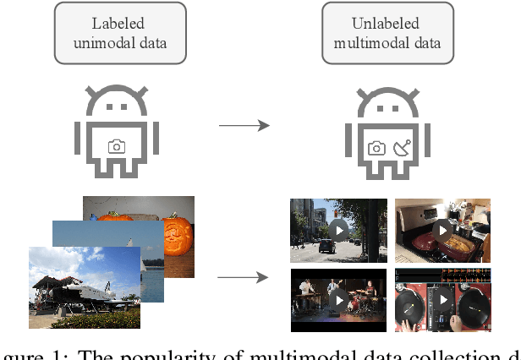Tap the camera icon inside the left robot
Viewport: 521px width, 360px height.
pyautogui.click(x=118, y=146)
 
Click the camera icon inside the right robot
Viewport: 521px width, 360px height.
pyautogui.click(x=376, y=148)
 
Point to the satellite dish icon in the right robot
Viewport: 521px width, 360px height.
pyautogui.click(x=401, y=147)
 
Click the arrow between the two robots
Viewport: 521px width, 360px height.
pyautogui.click(x=244, y=126)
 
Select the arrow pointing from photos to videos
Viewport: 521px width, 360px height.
pyautogui.click(x=244, y=276)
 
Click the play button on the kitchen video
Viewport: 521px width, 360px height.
pyautogui.click(x=442, y=230)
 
